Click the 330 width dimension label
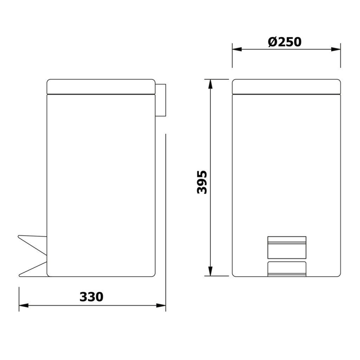tap(91, 297)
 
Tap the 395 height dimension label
tap(202, 182)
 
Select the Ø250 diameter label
tap(285, 42)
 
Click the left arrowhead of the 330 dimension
tap(24, 306)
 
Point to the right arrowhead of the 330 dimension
tap(161, 306)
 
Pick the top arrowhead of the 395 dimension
tap(210, 84)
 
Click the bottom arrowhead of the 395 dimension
tap(210, 271)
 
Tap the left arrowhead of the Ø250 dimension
tap(237, 49)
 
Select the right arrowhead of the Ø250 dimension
tap(336, 49)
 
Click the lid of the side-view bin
tap(101, 86)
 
